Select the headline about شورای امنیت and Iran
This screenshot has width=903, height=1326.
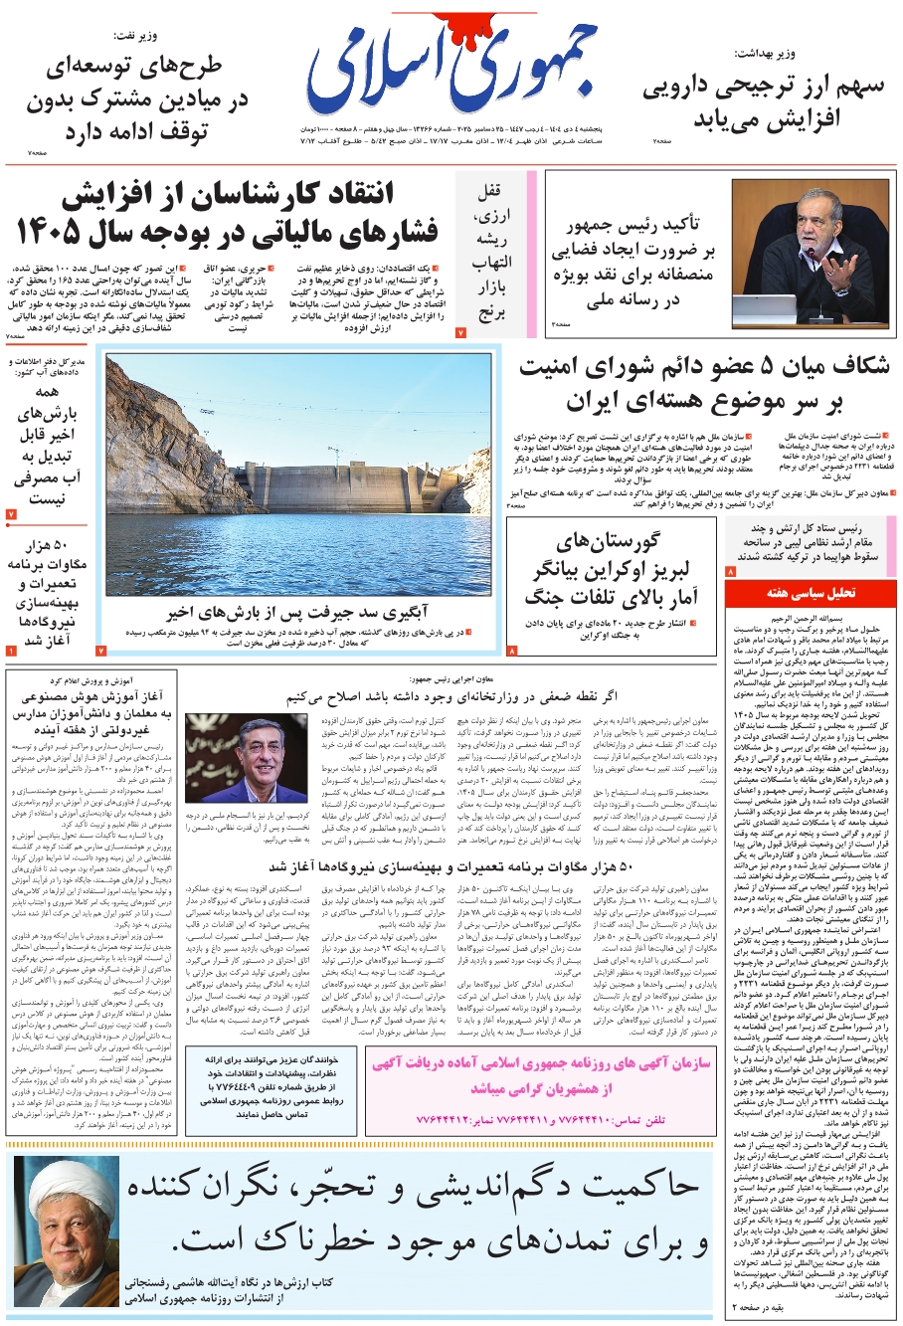(x=703, y=383)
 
